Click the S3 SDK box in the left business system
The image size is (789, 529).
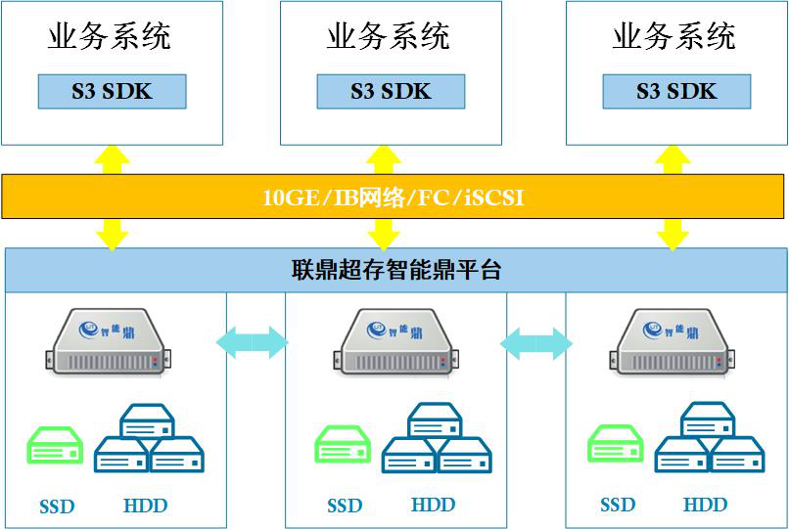(112, 92)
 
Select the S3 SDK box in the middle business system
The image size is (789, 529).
(391, 92)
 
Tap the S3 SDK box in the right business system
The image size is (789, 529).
(676, 92)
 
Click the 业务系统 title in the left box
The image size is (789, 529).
(110, 37)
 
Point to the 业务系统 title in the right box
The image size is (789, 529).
(674, 37)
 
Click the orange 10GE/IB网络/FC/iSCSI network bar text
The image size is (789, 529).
(394, 197)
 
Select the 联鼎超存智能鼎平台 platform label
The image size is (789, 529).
(396, 270)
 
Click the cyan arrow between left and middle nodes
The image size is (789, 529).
(253, 342)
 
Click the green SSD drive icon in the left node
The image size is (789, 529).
(55, 445)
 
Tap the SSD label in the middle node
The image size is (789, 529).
(345, 506)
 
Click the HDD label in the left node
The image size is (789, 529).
(146, 506)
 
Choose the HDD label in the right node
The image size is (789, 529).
(705, 505)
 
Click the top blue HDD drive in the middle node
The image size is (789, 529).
(435, 421)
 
